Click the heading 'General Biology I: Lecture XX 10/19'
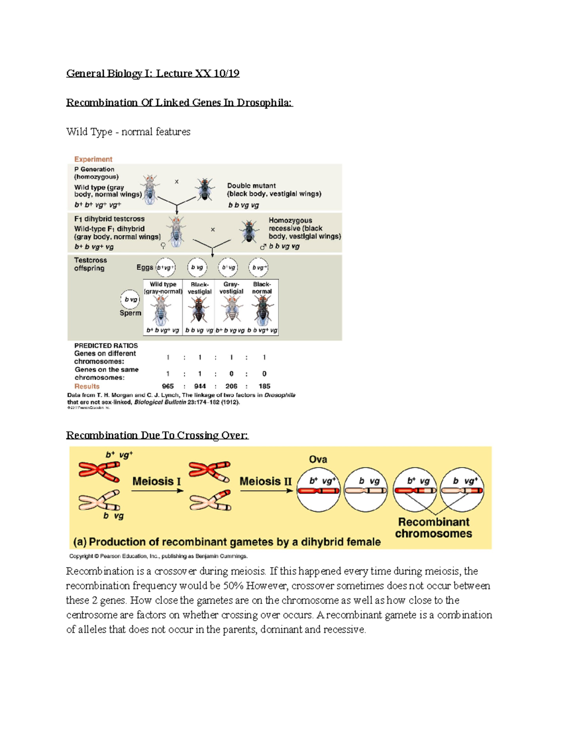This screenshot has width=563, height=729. click(152, 73)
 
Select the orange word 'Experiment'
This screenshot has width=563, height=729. click(93, 159)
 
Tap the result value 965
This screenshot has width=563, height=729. click(167, 386)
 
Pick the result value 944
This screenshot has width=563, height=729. click(200, 386)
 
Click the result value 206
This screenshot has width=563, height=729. click(231, 386)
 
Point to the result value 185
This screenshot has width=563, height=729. click(264, 386)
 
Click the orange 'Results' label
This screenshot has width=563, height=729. click(87, 386)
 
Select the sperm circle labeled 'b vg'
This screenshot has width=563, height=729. click(130, 299)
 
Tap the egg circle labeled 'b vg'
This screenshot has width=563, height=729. click(197, 268)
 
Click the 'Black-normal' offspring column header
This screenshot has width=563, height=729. click(262, 288)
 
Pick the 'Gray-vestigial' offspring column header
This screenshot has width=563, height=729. click(231, 288)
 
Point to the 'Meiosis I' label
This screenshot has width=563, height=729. click(156, 481)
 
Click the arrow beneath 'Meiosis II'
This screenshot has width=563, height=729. click(266, 491)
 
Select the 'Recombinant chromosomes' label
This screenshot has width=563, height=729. click(434, 528)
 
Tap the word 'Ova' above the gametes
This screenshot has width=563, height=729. click(318, 460)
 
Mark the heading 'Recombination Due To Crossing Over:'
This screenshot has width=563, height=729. click(157, 435)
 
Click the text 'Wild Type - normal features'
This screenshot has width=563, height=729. click(128, 132)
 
